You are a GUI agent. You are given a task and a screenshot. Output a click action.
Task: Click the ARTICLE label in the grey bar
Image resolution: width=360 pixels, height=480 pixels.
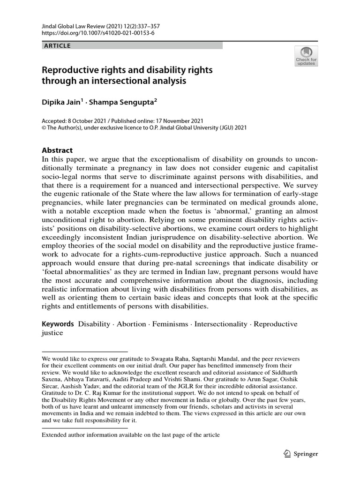point(57,45)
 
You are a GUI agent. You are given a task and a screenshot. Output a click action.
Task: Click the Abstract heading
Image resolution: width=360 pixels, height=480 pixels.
point(57,150)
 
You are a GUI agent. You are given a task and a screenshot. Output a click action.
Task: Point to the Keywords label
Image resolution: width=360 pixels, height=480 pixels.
point(58,324)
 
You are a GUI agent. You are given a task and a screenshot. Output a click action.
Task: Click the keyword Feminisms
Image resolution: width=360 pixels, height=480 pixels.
point(169,324)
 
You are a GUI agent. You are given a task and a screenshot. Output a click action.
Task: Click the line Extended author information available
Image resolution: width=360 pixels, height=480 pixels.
point(131,435)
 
